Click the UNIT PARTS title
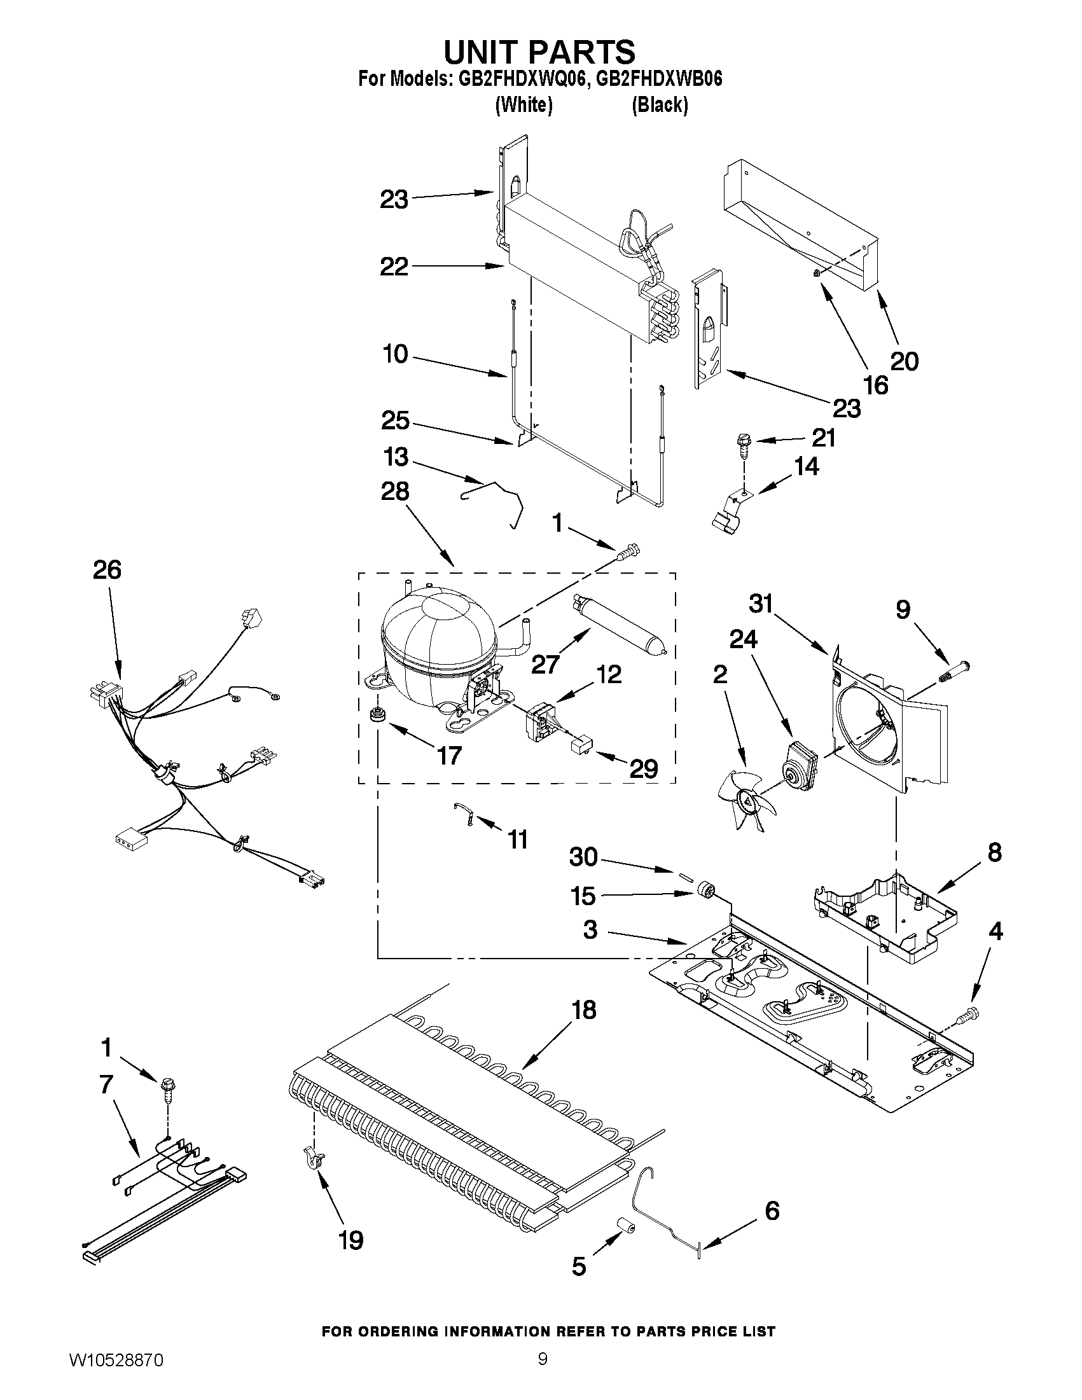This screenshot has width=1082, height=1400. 539,52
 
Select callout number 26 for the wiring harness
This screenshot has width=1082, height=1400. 107,570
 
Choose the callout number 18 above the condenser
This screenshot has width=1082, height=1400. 584,1009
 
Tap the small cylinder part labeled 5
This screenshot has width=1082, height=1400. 625,1227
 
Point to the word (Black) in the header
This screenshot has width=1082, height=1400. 660,105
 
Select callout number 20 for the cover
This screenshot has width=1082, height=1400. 905,361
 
